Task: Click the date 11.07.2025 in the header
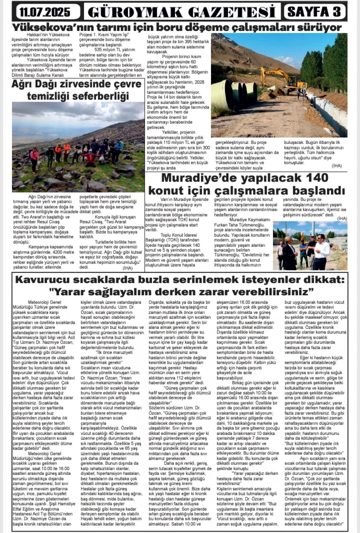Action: tap(45, 12)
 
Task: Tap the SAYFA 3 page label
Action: tap(314, 12)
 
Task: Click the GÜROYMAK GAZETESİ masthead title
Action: tap(182, 12)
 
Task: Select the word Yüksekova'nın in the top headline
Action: tap(46, 26)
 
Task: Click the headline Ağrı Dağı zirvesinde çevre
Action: tap(77, 84)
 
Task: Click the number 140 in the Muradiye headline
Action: tap(316, 178)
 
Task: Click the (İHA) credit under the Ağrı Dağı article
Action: tap(128, 268)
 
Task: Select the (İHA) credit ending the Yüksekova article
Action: tap(336, 166)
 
